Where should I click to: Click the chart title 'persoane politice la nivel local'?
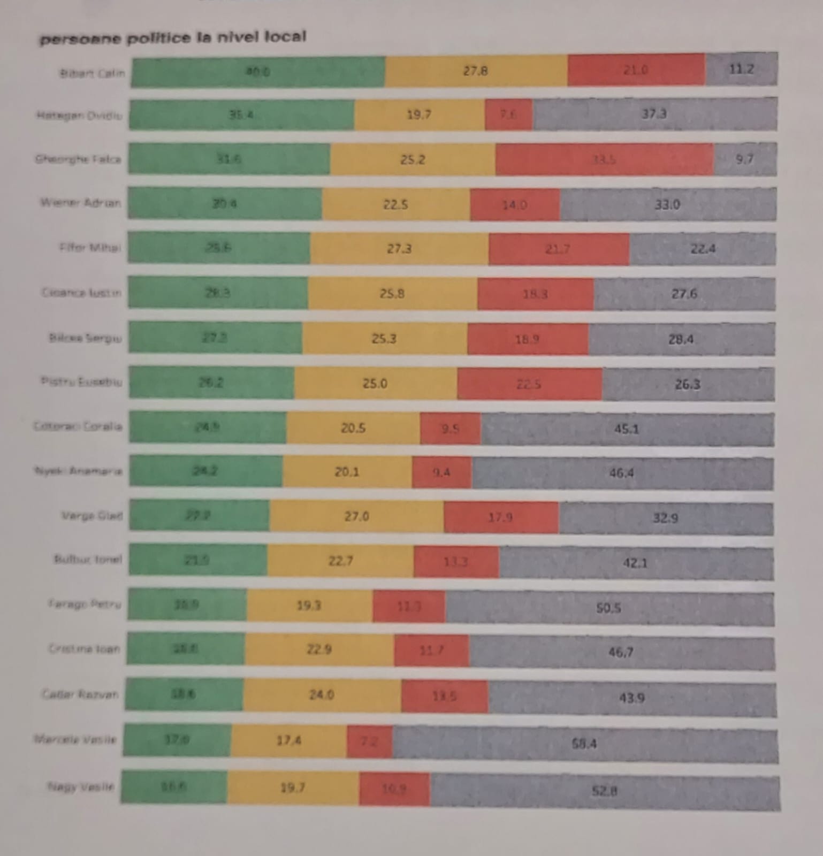172,38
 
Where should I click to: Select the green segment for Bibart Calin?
257,71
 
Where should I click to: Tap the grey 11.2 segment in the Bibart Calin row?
741,69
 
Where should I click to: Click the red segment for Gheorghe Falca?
604,159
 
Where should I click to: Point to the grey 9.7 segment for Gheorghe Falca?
744,159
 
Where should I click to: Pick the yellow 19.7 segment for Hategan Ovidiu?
419,114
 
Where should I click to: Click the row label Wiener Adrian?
81,203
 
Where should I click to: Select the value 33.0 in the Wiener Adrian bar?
667,204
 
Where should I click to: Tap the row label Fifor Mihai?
90,247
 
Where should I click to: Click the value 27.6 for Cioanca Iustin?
684,294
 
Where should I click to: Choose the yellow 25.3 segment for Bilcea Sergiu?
384,339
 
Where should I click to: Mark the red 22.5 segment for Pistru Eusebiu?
529,384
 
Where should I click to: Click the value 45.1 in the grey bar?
627,429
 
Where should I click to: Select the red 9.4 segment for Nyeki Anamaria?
441,472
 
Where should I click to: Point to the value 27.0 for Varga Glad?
356,516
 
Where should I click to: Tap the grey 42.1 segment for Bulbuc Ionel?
635,562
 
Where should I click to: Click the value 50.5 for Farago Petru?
608,608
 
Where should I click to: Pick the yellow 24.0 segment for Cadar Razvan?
322,695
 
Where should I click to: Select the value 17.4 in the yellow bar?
288,740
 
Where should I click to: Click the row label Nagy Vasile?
81,786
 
